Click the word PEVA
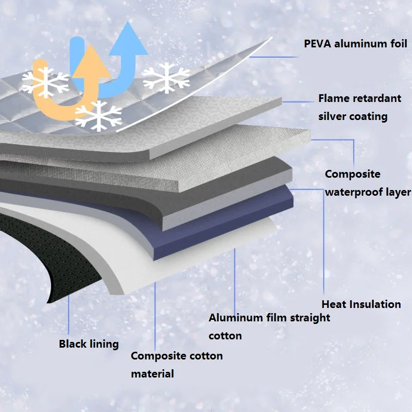pyautogui.click(x=319, y=44)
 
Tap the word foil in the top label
pyautogui.click(x=396, y=44)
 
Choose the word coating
pyautogui.click(x=368, y=116)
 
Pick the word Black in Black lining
pyautogui.click(x=73, y=344)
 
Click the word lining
pyautogui.click(x=105, y=344)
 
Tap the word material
pyautogui.click(x=152, y=374)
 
